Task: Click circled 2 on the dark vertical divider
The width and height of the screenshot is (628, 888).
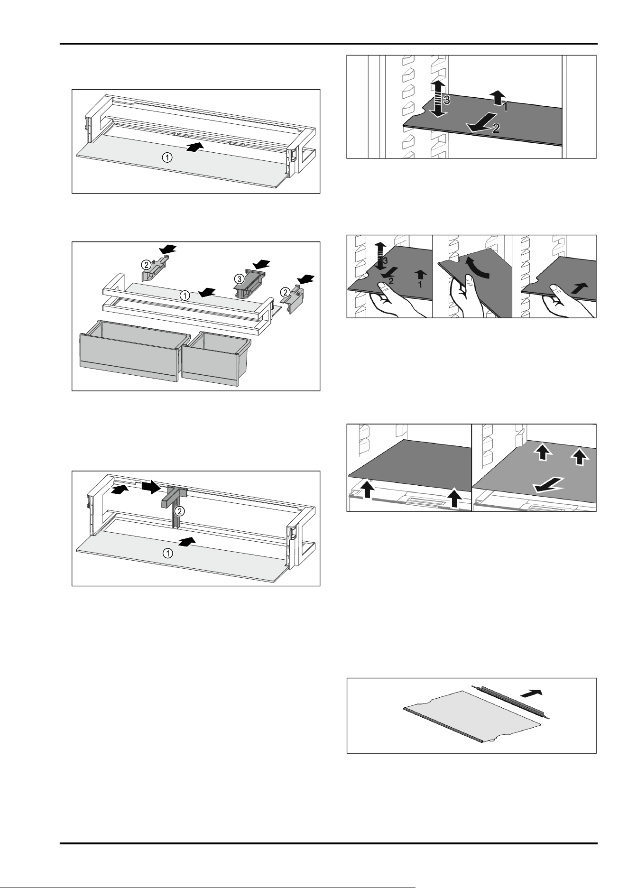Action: click(179, 511)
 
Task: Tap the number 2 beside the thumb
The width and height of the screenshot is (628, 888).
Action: click(391, 281)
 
